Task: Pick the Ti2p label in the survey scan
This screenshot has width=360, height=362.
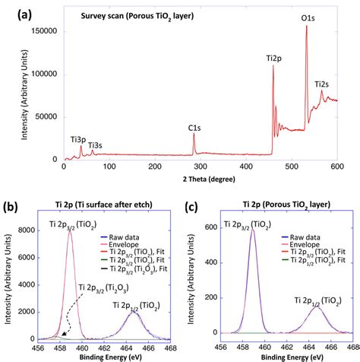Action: point(273,58)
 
